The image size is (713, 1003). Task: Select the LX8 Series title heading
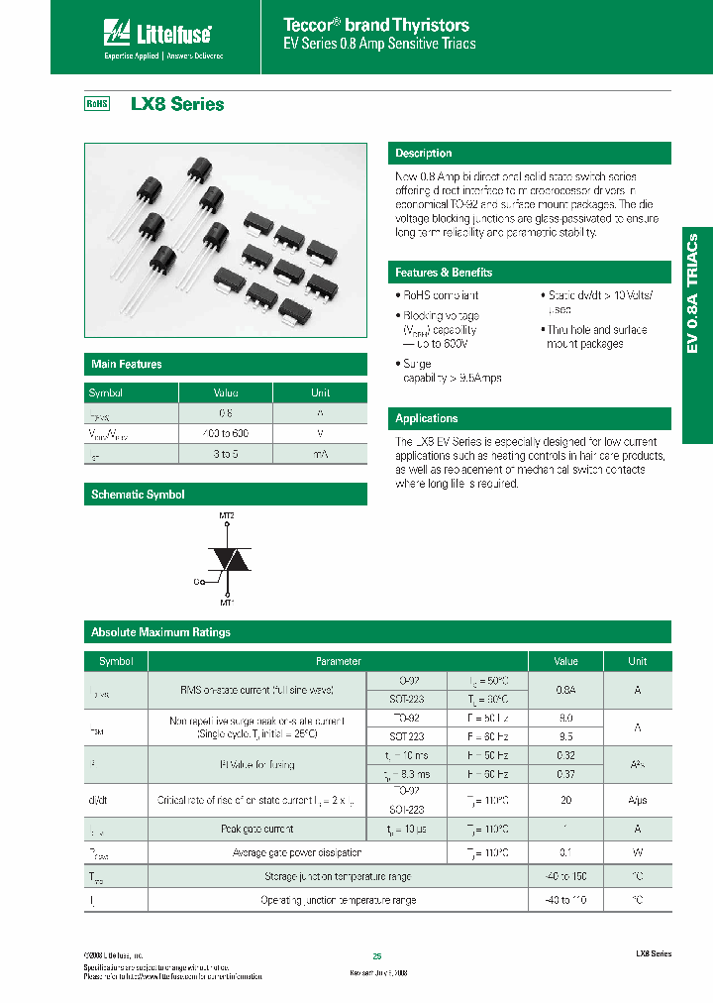177,104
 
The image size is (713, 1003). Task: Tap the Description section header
423,154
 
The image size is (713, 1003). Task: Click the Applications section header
427,418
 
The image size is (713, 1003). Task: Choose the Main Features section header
127,365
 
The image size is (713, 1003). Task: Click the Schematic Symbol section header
138,495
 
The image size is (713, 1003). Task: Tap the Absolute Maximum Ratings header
160,632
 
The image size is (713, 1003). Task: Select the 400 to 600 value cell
226,433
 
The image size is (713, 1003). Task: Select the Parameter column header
338,661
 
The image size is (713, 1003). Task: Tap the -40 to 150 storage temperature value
565,876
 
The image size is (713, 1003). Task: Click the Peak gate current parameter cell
256,829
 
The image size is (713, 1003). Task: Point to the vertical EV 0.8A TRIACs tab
694,293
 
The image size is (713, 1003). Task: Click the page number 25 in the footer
377,956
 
